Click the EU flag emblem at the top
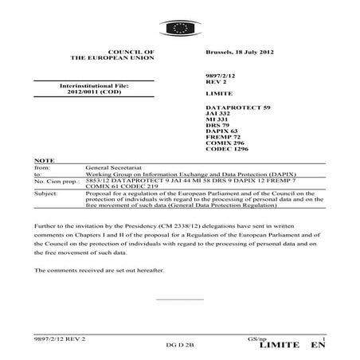pos(180,29)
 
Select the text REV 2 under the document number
pos(217,80)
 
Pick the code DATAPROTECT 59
pos(238,106)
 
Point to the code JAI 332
pos(218,113)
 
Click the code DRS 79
pos(217,126)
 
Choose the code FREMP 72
pos(221,139)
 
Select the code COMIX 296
pos(224,145)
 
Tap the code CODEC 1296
pos(226,151)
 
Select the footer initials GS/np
pos(246,339)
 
